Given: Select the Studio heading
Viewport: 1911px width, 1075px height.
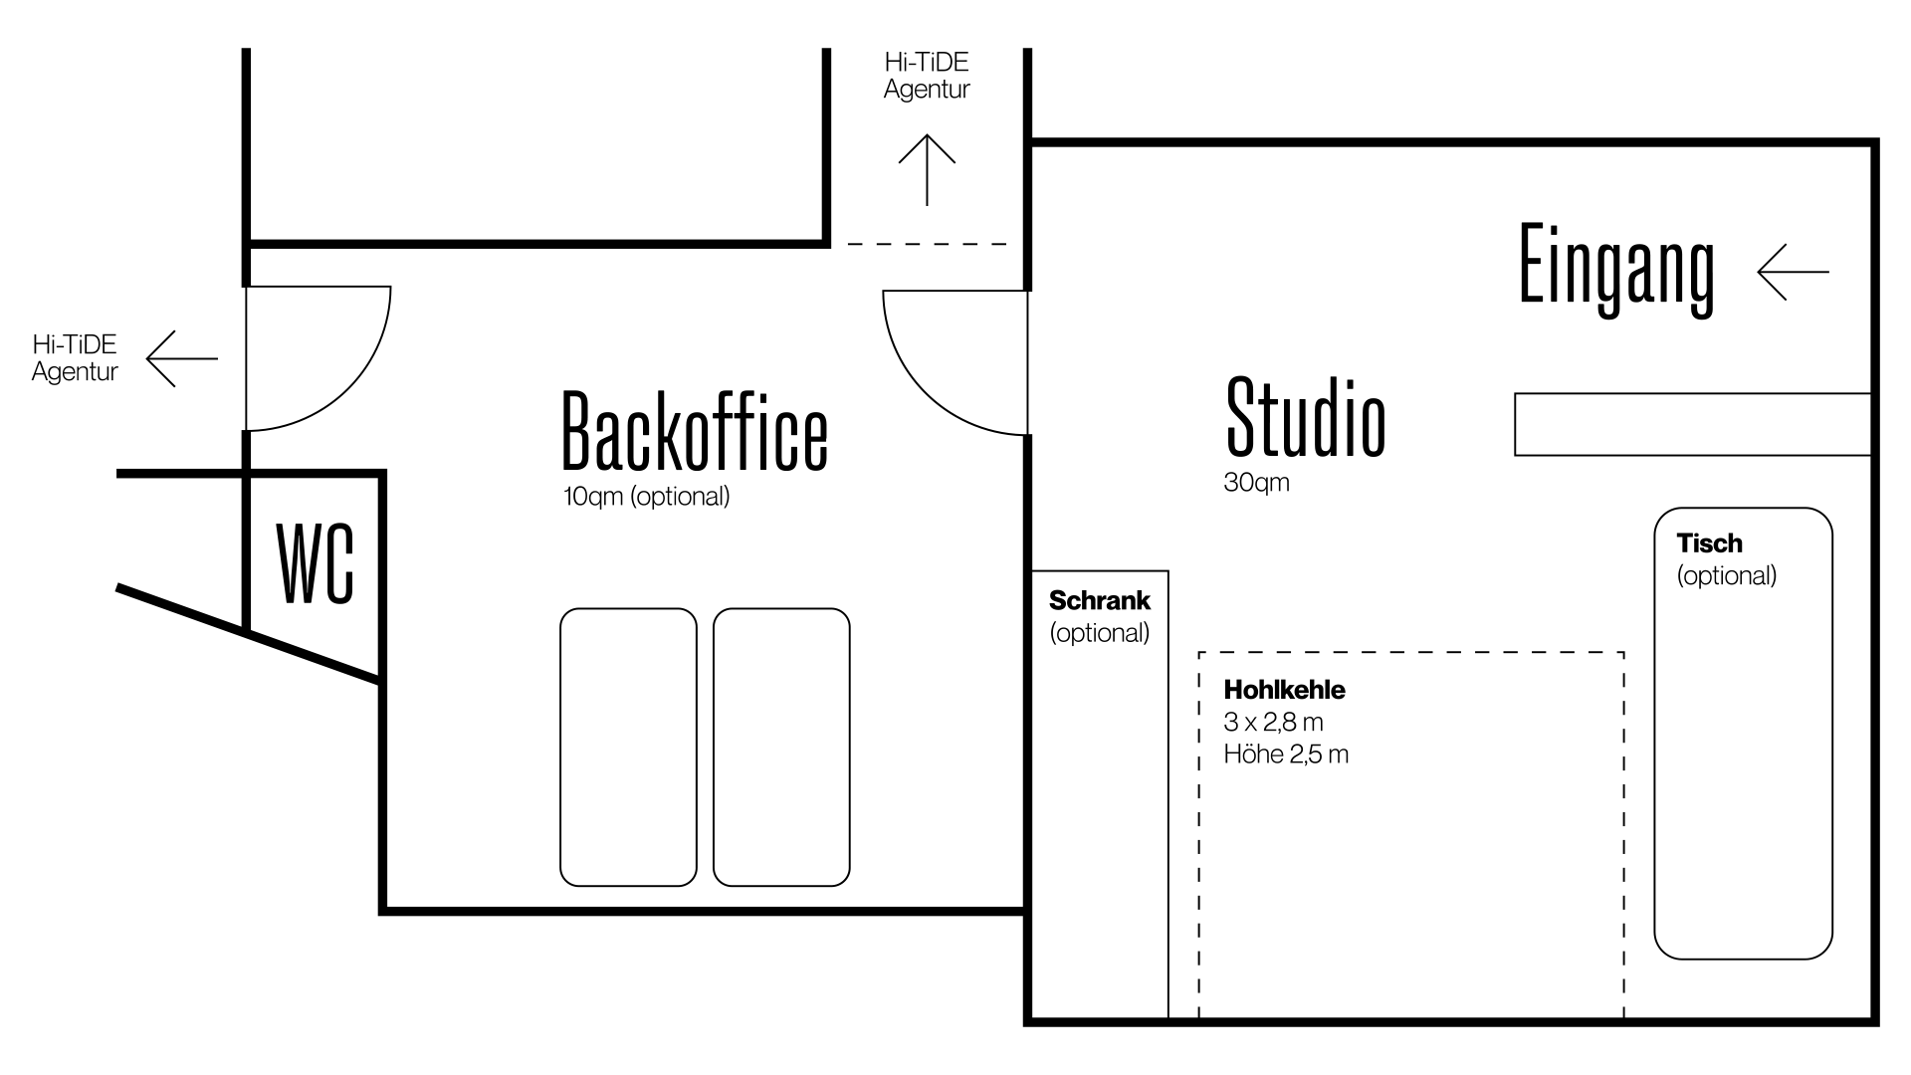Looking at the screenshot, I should click(x=1305, y=418).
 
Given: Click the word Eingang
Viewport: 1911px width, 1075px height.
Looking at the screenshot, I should click(x=1616, y=269).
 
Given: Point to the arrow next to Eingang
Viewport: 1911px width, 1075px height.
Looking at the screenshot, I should click(x=1793, y=272).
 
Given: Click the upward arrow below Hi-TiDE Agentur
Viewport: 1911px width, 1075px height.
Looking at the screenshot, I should click(x=927, y=169).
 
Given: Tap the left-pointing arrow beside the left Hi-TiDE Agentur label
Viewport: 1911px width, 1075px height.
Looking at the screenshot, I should click(x=181, y=358).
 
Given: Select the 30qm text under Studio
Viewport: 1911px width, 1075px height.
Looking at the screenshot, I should click(x=1256, y=483).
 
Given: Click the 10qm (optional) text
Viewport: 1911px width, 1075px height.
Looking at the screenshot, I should click(x=646, y=496).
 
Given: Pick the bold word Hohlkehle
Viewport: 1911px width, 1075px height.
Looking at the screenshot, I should click(x=1284, y=690).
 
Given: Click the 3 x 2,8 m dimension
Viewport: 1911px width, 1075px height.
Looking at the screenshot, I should click(x=1273, y=722).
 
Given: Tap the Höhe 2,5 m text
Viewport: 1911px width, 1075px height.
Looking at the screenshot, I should click(x=1286, y=754).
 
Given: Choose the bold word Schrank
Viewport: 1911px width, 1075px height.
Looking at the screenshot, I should click(x=1099, y=600).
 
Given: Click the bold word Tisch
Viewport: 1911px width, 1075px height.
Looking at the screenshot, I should click(x=1709, y=543).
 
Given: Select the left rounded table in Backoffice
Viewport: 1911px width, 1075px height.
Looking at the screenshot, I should click(x=628, y=747).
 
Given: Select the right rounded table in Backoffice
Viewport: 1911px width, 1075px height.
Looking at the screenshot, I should click(x=781, y=747).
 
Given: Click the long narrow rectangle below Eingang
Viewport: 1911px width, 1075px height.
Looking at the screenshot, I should click(x=1692, y=424).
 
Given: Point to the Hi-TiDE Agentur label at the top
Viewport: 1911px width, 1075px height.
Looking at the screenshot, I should click(x=927, y=76).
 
